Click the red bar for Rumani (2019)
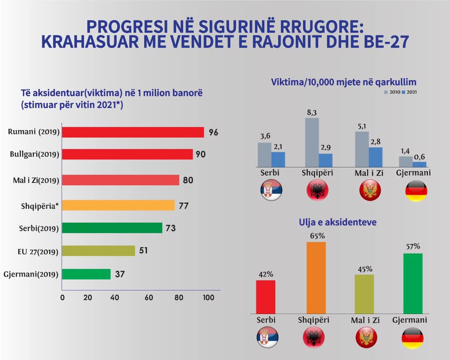pos(133,132)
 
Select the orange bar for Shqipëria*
pos(118,205)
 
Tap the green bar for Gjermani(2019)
pos(86,274)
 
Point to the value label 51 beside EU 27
pos(143,250)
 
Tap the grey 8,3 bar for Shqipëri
pos(312,142)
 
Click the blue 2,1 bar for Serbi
pos(278,159)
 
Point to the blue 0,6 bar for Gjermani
pos(420,164)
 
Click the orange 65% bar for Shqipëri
pos(316,277)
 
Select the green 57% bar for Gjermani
pos(412,283)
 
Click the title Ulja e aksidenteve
pos(338,222)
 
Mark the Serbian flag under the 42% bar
pos(267,337)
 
